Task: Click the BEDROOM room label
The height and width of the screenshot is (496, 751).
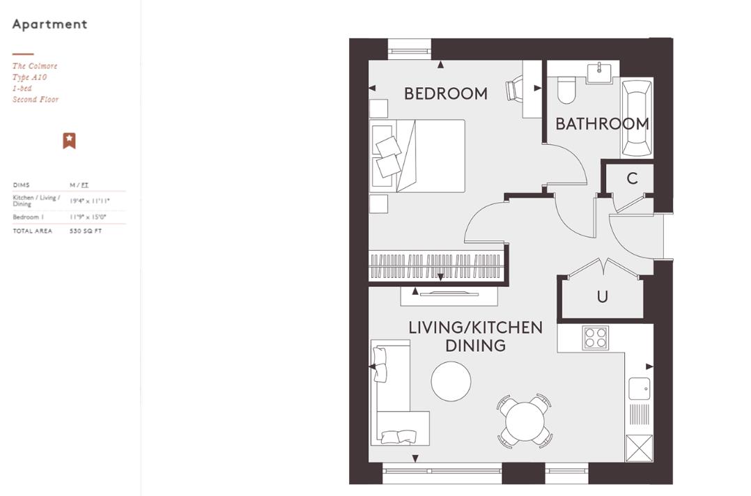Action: pos(446,93)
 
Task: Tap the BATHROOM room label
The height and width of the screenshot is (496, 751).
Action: pos(602,124)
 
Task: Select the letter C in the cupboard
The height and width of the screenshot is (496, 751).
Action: pos(632,178)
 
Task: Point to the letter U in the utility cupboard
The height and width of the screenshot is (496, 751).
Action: pos(602,297)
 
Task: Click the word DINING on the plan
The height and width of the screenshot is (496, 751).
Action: pos(475,346)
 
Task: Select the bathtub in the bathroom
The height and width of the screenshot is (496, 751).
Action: pos(637,117)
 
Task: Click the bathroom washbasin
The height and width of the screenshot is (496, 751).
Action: pos(599,72)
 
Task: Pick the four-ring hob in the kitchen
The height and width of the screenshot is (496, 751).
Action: pos(596,338)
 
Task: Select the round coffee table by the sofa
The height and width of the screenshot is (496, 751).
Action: pos(451,381)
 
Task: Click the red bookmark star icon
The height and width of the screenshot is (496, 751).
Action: pos(69,141)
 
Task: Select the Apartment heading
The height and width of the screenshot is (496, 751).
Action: pos(50,24)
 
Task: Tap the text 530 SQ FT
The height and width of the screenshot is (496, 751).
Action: pos(85,231)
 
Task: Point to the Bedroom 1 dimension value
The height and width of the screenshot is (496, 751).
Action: pos(88,217)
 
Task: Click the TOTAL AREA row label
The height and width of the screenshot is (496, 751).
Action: pos(32,231)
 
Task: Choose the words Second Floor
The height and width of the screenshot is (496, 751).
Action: pos(36,100)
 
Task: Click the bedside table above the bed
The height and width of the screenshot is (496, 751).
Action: pos(378,109)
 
